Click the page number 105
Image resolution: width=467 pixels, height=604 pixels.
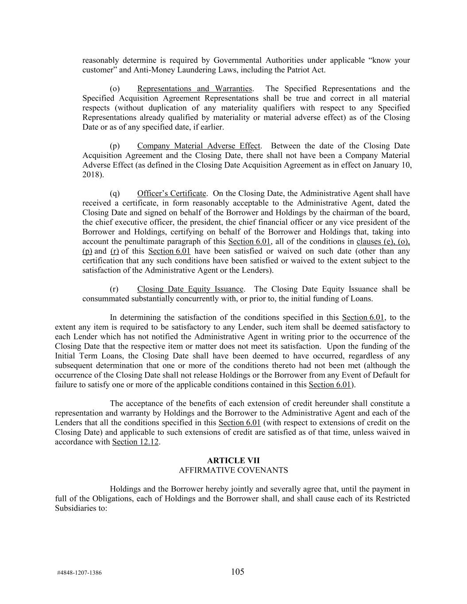pyautogui.click(x=237, y=572)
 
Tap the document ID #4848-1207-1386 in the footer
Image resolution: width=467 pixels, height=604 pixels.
pyautogui.click(x=79, y=573)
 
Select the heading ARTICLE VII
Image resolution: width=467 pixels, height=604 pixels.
pyautogui.click(x=233, y=461)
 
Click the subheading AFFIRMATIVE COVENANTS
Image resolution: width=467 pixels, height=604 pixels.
pyautogui.click(x=233, y=470)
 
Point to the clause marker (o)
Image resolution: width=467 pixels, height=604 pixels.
pyautogui.click(x=115, y=88)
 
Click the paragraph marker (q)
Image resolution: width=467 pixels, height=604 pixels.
pyautogui.click(x=115, y=193)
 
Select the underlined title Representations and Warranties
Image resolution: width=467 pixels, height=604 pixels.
pyautogui.click(x=194, y=88)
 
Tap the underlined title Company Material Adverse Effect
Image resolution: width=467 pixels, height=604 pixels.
pyautogui.click(x=199, y=146)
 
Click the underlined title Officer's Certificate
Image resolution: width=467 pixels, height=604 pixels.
pyautogui.click(x=171, y=193)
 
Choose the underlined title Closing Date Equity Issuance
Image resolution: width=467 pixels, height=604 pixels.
pyautogui.click(x=190, y=289)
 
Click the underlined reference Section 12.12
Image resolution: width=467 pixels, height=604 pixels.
pyautogui.click(x=135, y=442)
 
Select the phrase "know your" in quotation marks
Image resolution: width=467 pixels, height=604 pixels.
pyautogui.click(x=389, y=60)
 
